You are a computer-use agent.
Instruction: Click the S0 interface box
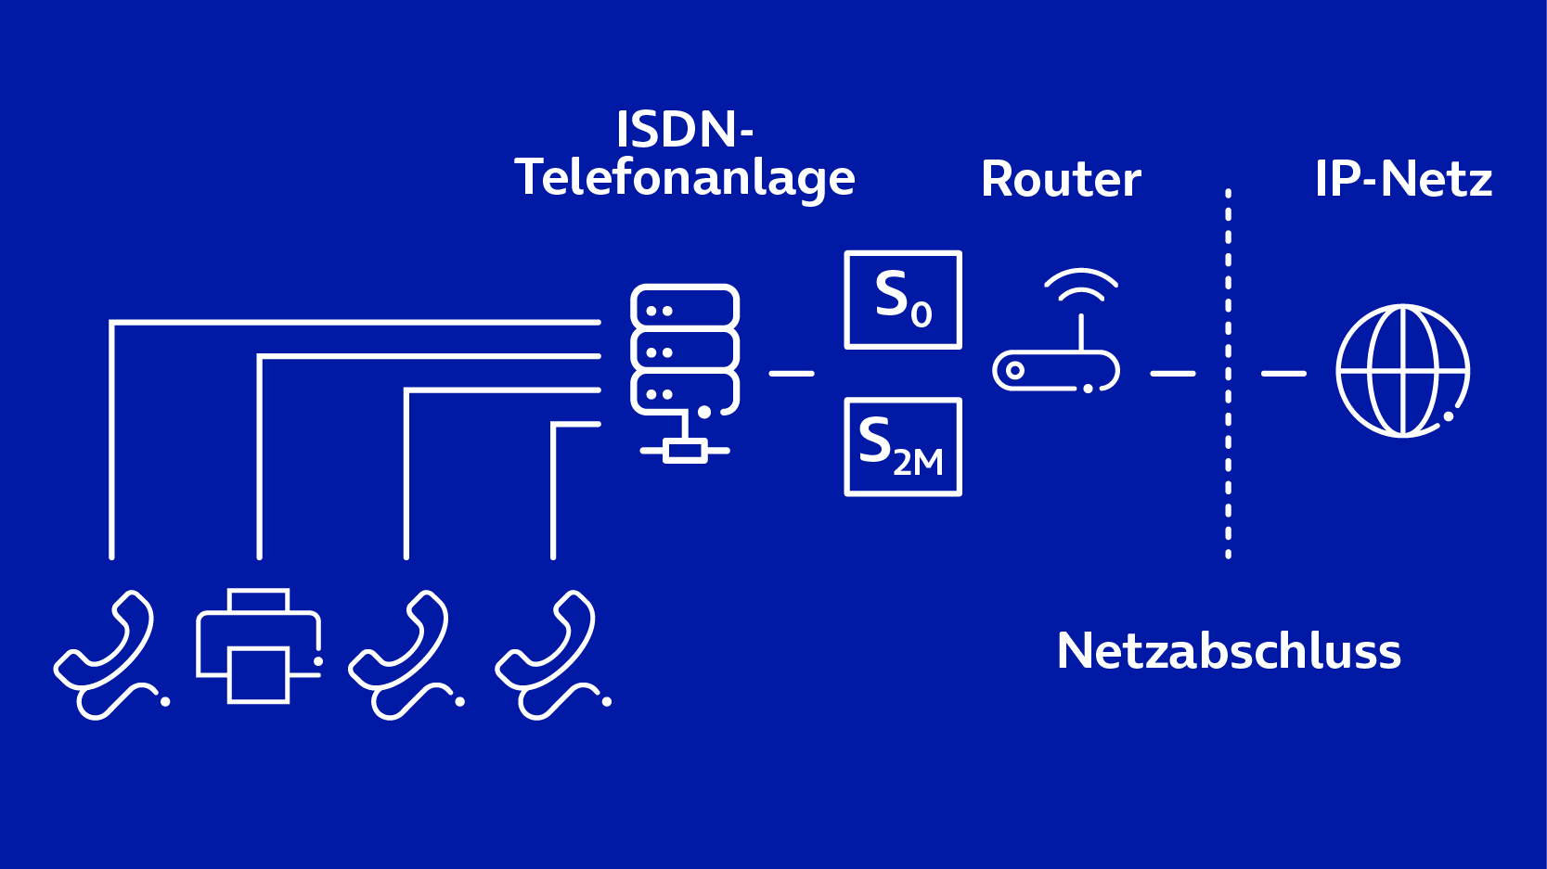(902, 300)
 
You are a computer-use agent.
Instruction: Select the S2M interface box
(902, 447)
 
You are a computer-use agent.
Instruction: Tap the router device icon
(1056, 370)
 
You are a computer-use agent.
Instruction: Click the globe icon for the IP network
(1402, 371)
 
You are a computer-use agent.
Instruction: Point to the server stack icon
(685, 349)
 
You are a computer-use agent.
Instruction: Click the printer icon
(258, 646)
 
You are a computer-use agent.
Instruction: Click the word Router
(1061, 179)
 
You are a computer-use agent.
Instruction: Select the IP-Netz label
(1403, 179)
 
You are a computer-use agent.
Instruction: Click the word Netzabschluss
(1229, 651)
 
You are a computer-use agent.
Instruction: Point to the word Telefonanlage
(685, 177)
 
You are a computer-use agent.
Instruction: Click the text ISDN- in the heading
(685, 129)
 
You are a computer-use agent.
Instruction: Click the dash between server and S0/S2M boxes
(792, 373)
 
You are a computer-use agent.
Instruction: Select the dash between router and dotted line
(1173, 373)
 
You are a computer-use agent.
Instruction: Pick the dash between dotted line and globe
(1283, 373)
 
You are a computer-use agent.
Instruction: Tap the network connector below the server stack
(685, 451)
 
